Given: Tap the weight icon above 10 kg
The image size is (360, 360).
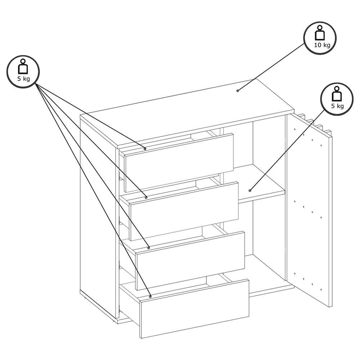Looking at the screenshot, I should pos(320,33).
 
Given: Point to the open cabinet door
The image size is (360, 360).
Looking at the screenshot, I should pos(309,212).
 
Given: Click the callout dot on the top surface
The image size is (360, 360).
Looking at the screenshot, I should pos(238,90).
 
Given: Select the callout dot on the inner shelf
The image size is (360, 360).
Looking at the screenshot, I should pos(250,190).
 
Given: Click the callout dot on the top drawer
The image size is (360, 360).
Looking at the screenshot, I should pos(145,148).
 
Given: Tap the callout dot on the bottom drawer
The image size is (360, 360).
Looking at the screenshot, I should pos(150,296).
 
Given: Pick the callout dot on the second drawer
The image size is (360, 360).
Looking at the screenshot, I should pos(146,197).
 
